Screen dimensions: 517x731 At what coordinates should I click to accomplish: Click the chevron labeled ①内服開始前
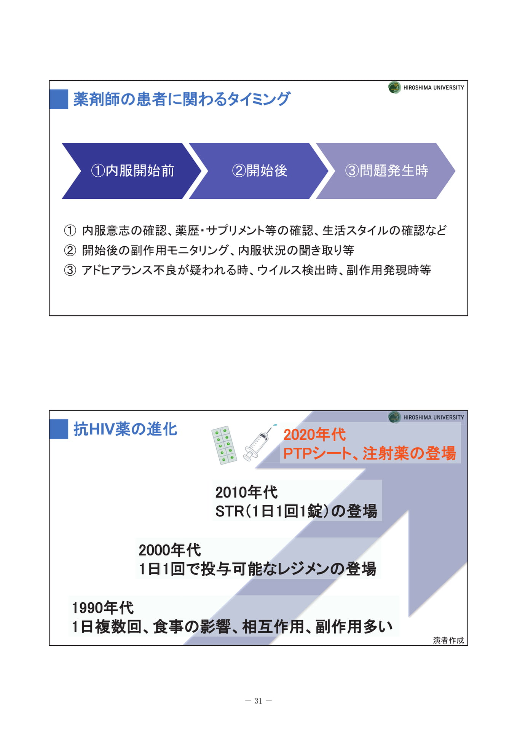132,171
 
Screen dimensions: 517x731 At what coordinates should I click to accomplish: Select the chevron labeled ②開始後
259,171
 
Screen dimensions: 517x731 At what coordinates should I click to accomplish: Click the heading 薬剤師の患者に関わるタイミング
182,99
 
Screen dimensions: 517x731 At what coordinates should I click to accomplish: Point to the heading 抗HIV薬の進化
125,429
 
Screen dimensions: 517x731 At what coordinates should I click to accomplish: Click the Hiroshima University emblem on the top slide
394,88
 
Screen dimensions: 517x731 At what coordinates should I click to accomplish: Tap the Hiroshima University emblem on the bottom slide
394,417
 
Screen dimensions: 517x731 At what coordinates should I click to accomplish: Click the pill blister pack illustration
224,445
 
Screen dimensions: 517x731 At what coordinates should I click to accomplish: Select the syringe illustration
260,442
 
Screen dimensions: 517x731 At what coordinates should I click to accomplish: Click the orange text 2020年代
314,435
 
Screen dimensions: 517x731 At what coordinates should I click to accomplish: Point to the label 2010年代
246,492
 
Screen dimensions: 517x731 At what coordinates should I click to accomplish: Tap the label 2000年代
170,550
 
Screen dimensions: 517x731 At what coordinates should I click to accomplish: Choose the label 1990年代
103,608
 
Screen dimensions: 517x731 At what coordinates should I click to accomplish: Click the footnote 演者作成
448,640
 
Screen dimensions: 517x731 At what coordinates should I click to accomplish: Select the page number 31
258,701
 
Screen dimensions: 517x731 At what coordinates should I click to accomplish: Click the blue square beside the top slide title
59,99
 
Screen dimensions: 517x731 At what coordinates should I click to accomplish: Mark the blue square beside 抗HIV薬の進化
59,429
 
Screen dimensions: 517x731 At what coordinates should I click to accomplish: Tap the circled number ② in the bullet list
70,251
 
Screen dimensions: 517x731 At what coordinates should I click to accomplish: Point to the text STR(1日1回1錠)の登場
296,511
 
